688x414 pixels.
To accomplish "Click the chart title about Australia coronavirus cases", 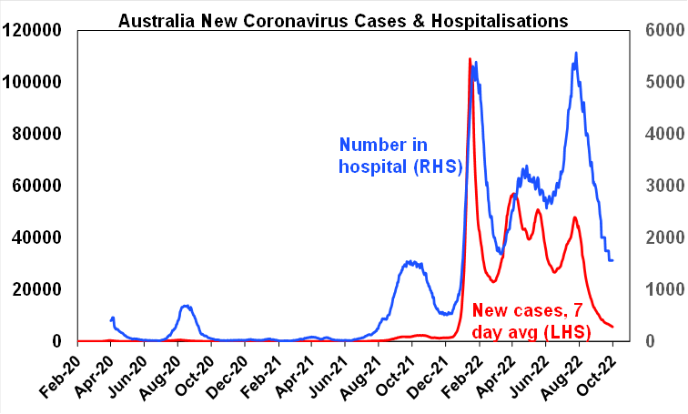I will (343, 18).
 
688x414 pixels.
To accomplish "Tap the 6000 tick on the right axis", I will (661, 30).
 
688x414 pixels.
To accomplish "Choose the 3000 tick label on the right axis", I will (661, 186).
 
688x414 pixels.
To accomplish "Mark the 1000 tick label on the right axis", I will (661, 289).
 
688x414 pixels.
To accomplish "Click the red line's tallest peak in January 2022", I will (470, 59).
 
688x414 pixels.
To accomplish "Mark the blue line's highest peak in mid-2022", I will (575, 53).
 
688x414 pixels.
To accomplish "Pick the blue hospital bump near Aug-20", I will (185, 306).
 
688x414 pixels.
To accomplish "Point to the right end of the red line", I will (612, 327).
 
